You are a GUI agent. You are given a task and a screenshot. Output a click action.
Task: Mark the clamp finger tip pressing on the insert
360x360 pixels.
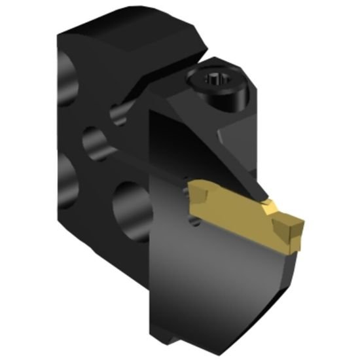coord(265,199)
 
